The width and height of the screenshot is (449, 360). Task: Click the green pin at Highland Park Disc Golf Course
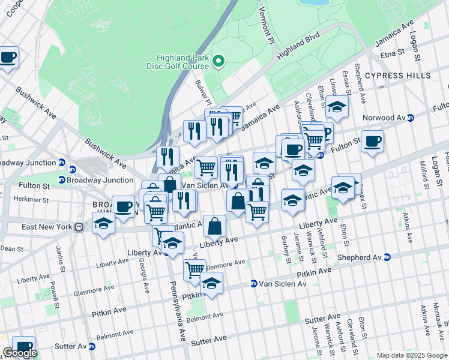pos(219,61)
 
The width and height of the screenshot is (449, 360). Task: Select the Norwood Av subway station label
pos(389,118)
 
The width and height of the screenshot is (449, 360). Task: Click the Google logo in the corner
pos(20,353)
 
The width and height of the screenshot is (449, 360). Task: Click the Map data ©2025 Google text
pos(411,355)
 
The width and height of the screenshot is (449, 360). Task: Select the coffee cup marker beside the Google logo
pos(24,346)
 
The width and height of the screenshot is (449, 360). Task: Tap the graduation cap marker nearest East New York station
pos(103,224)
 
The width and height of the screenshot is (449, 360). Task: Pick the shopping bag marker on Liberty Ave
pos(214,227)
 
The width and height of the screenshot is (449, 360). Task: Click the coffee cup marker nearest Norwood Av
pos(372,141)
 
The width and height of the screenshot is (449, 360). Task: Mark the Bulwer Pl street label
pos(205,92)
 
